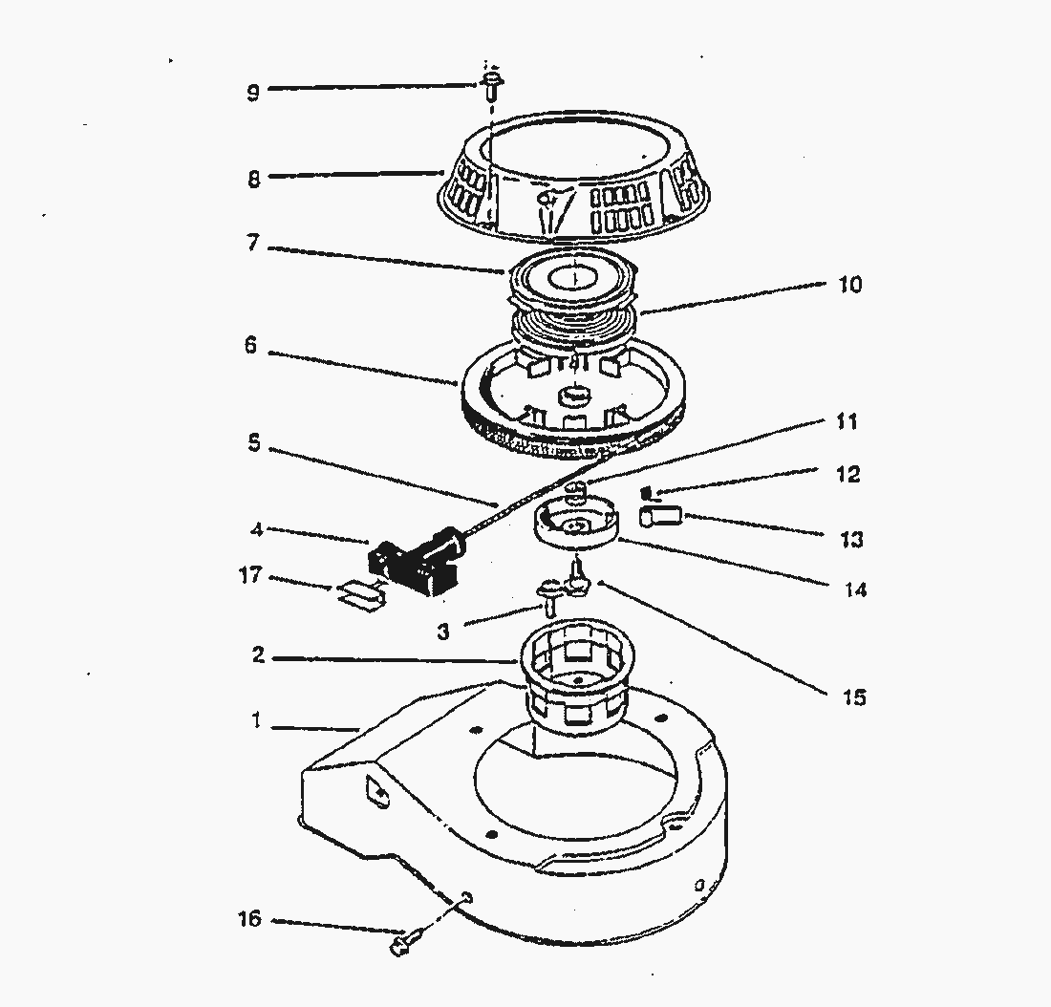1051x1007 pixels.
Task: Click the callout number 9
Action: pyautogui.click(x=252, y=93)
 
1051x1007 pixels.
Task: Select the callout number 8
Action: pyautogui.click(x=253, y=179)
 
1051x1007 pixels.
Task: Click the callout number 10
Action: pyautogui.click(x=849, y=285)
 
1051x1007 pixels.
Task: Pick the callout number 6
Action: pyautogui.click(x=250, y=346)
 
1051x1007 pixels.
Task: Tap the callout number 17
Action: pyautogui.click(x=250, y=577)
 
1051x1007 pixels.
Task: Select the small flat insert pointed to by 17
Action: pyautogui.click(x=361, y=595)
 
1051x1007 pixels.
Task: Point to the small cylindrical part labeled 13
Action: pyautogui.click(x=660, y=517)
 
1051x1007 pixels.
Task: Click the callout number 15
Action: pyautogui.click(x=854, y=697)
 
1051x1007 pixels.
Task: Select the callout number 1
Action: pyautogui.click(x=255, y=722)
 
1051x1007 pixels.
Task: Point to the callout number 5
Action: pyautogui.click(x=252, y=445)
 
